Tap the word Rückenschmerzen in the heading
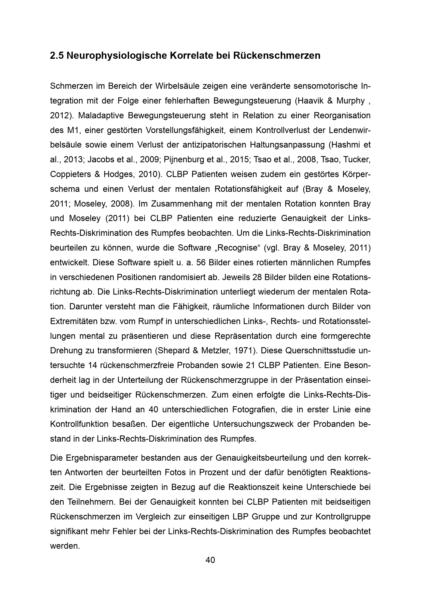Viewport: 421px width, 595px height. coord(277,56)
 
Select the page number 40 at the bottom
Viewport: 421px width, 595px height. coord(210,560)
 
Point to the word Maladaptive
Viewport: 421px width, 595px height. coord(100,115)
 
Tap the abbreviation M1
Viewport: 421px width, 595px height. coord(73,130)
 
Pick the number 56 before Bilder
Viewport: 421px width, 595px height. coord(201,263)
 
